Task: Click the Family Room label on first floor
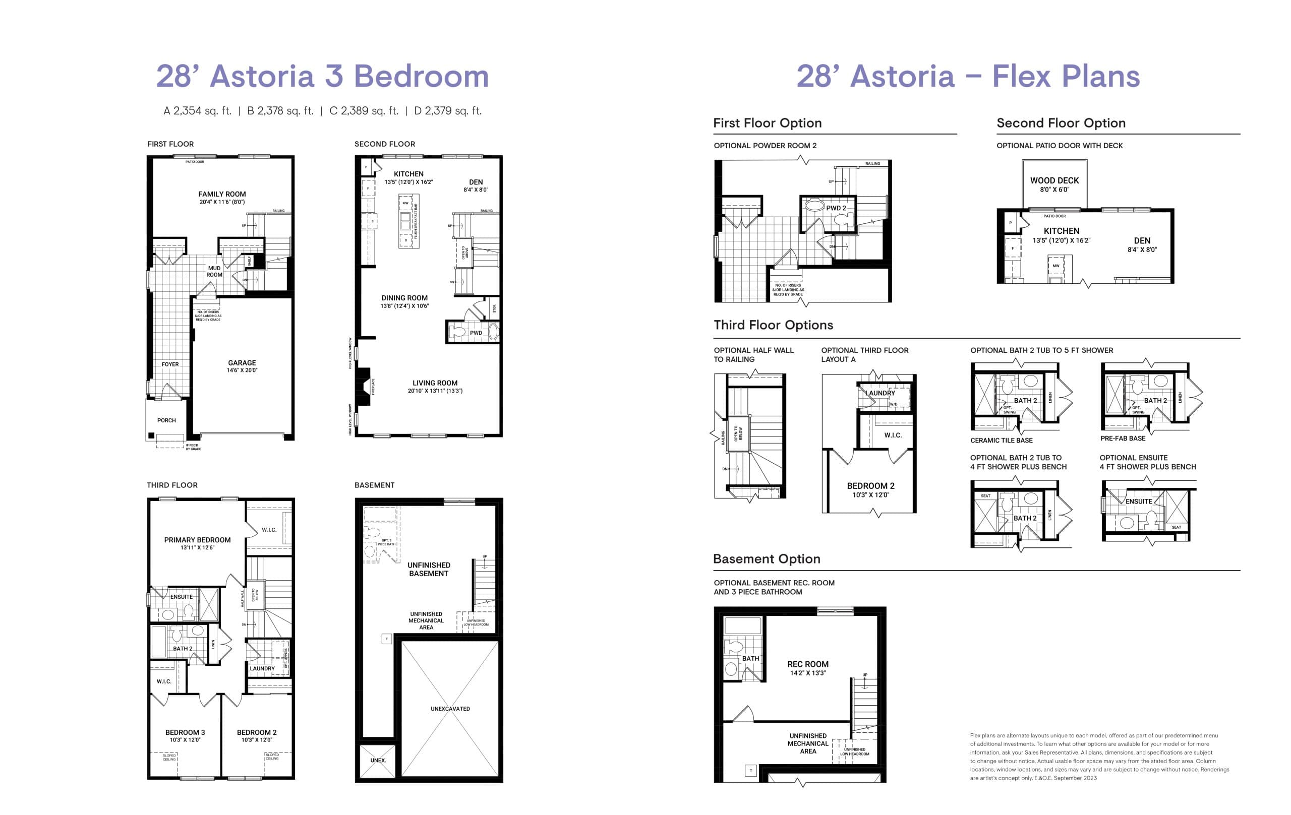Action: [222, 194]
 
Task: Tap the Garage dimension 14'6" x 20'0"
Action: [242, 370]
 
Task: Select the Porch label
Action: [166, 420]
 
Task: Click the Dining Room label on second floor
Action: [404, 298]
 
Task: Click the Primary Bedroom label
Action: [197, 540]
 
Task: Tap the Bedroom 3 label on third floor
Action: [185, 732]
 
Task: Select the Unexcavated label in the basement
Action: [450, 708]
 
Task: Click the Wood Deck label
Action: [1054, 180]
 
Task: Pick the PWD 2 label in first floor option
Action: [836, 208]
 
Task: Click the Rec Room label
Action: [807, 664]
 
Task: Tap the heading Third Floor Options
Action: [773, 325]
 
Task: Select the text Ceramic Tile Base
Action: [1001, 441]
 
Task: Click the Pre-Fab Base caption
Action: [1123, 438]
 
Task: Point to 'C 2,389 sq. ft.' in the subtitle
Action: [364, 111]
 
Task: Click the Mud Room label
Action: [214, 271]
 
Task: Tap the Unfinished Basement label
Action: [428, 569]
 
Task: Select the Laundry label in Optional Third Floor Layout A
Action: [880, 393]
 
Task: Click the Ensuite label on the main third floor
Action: [181, 596]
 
